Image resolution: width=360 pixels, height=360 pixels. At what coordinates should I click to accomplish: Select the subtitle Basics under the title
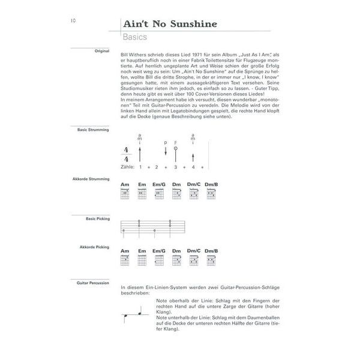[135, 38]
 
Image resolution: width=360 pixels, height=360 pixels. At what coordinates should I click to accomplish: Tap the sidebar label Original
[101, 51]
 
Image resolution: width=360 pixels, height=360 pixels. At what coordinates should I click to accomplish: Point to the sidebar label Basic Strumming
[94, 129]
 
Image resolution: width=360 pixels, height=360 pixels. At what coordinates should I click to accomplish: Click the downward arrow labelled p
[165, 151]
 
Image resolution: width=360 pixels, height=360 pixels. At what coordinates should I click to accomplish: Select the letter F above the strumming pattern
[176, 142]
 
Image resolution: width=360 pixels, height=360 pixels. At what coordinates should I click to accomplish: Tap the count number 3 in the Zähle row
[175, 167]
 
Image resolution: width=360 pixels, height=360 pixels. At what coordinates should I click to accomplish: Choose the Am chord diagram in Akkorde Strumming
[125, 194]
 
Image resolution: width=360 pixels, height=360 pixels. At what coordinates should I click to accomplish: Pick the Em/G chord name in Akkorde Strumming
[159, 184]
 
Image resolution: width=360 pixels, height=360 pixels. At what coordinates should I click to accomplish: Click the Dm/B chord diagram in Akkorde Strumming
[211, 194]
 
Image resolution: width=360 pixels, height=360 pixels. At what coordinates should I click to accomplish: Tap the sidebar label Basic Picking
[98, 219]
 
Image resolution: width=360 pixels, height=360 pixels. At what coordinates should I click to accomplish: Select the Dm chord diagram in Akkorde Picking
[176, 260]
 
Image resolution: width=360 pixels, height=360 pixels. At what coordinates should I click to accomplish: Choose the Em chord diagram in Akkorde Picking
[142, 260]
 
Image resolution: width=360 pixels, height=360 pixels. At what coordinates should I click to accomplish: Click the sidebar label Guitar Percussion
[94, 281]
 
